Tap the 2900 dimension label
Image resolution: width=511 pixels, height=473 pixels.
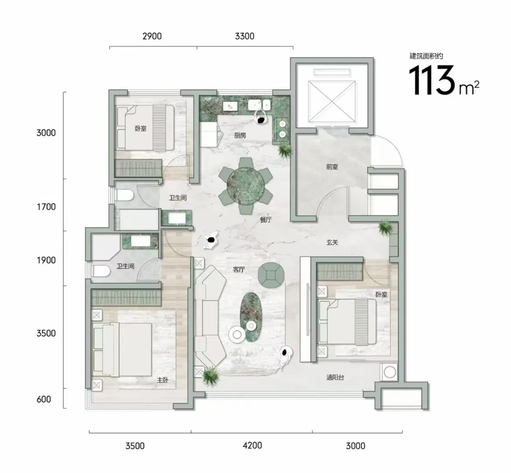152,36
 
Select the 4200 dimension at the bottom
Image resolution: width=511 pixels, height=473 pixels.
252,445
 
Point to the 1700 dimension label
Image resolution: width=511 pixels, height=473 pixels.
46,207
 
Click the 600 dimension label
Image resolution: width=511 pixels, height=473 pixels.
44,399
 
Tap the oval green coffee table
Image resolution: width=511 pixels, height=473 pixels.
251,317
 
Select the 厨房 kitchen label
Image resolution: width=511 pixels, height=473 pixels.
240,136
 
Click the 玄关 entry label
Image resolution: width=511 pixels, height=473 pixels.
332,242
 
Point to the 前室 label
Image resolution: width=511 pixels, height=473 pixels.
332,167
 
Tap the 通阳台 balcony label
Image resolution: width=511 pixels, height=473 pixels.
335,378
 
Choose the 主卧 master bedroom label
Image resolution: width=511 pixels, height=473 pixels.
162,380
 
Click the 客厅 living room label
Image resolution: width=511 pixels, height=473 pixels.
239,270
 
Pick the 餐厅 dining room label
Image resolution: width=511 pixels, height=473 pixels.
266,220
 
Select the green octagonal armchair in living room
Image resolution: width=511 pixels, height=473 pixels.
271,275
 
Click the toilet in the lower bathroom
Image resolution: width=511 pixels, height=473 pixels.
100,271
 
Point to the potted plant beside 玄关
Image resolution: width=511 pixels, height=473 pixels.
385,227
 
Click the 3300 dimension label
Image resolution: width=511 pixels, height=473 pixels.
244,36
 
